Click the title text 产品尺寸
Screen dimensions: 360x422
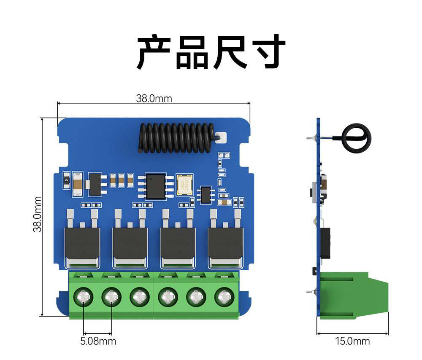(x=211, y=52)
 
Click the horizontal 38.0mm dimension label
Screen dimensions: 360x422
(x=154, y=98)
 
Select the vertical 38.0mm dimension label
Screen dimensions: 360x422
(x=38, y=214)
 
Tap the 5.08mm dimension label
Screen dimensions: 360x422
(x=98, y=341)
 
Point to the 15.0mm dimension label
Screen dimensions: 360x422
(x=352, y=341)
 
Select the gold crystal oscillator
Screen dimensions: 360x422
(x=184, y=185)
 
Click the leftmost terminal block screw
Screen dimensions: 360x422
(x=84, y=297)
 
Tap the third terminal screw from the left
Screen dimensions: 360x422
(x=139, y=297)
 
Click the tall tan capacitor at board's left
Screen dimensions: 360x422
(x=77, y=184)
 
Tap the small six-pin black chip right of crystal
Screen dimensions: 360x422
(x=206, y=194)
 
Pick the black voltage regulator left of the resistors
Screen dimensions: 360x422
(x=95, y=184)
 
